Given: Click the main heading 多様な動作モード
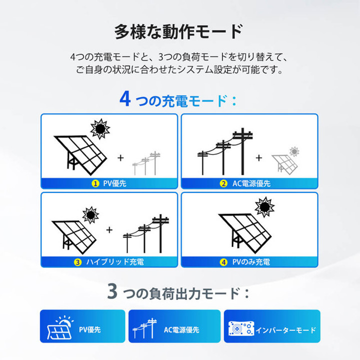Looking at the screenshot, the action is pyautogui.click(x=178, y=32).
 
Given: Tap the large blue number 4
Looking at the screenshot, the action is pyautogui.click(x=125, y=98).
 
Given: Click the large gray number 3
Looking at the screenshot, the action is pyautogui.click(x=112, y=291).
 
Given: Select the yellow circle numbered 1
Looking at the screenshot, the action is pyautogui.click(x=95, y=183).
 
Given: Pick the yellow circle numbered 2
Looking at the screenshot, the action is pyautogui.click(x=223, y=183).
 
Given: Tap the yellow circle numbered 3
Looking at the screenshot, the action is pyautogui.click(x=77, y=262).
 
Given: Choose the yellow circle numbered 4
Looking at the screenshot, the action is pyautogui.click(x=223, y=262).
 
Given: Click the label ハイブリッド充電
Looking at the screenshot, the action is pyautogui.click(x=115, y=262).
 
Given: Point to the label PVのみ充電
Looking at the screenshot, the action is pyautogui.click(x=251, y=262).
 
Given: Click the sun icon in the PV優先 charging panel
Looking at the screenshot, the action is pyautogui.click(x=100, y=129).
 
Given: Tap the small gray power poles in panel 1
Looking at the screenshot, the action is pyautogui.click(x=146, y=163).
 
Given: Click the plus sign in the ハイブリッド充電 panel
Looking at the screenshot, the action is pyautogui.click(x=109, y=230).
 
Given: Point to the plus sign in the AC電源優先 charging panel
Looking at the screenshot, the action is pyautogui.click(x=259, y=157).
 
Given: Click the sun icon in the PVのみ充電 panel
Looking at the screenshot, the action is pyautogui.click(x=264, y=207).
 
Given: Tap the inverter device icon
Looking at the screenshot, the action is pyautogui.click(x=241, y=328).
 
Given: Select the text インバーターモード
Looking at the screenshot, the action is pyautogui.click(x=286, y=330).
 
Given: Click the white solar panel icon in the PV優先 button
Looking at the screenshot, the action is pyautogui.click(x=60, y=327).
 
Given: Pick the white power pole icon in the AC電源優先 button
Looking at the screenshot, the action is pyautogui.click(x=145, y=328).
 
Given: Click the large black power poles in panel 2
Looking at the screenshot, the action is pyautogui.click(x=225, y=151).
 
